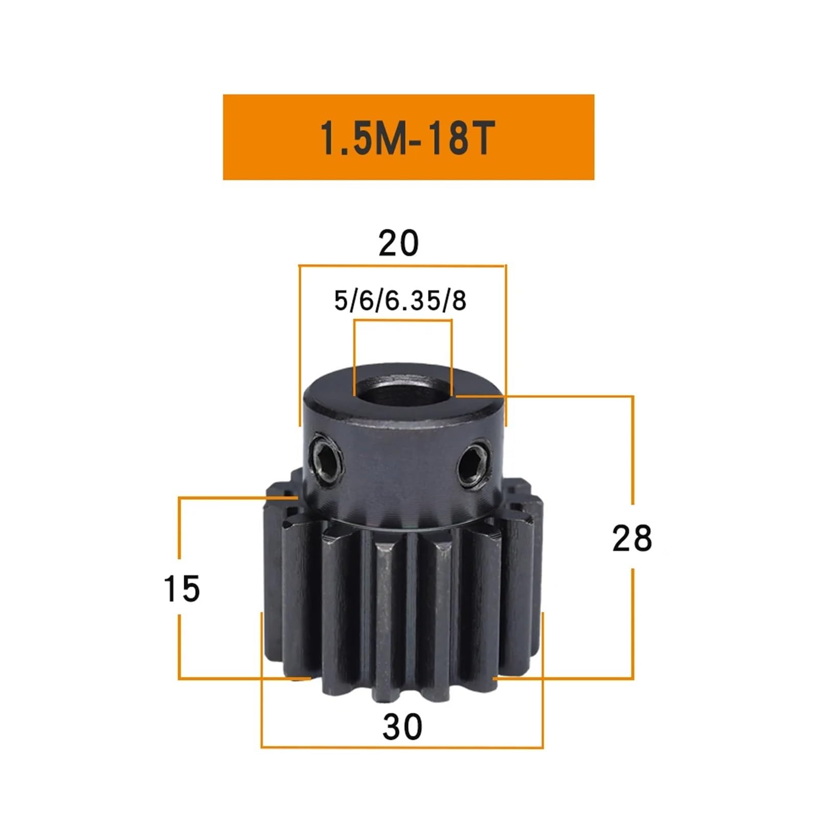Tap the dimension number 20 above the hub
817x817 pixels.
click(398, 243)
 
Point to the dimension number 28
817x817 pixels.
click(632, 538)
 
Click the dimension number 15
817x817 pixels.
click(182, 588)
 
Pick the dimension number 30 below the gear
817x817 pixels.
click(402, 727)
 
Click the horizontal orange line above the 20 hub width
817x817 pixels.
click(402, 266)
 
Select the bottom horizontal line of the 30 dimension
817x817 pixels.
click(402, 748)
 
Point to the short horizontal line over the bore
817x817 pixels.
click(403, 321)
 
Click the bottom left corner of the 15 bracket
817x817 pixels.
click(179, 678)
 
